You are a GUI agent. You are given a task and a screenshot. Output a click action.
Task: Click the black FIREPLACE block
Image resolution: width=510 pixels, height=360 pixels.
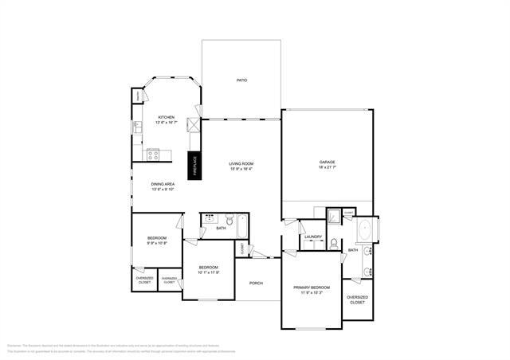(x=193, y=165)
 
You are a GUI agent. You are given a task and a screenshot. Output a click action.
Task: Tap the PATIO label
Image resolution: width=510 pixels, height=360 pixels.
(x=241, y=80)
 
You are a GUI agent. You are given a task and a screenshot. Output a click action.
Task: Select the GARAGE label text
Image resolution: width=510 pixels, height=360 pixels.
(x=327, y=162)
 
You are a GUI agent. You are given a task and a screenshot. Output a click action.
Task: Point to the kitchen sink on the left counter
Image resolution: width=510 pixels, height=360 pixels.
(x=137, y=127)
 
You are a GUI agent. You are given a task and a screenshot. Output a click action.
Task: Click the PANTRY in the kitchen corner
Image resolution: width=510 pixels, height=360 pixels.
(x=137, y=96)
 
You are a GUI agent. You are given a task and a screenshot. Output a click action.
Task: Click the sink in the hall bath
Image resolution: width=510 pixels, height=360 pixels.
(x=210, y=218)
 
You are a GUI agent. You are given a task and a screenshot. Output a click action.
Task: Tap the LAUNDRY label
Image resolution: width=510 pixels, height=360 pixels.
(x=312, y=237)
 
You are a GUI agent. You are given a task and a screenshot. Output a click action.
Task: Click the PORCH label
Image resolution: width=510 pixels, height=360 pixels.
(x=256, y=283)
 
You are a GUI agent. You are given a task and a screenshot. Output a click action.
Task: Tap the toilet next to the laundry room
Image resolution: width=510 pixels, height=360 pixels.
(x=335, y=244)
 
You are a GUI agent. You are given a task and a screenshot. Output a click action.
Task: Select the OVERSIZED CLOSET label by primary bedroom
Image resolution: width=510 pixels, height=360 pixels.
(x=357, y=300)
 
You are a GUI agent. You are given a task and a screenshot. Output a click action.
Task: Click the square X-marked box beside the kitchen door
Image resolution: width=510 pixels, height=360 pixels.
(x=192, y=125)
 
